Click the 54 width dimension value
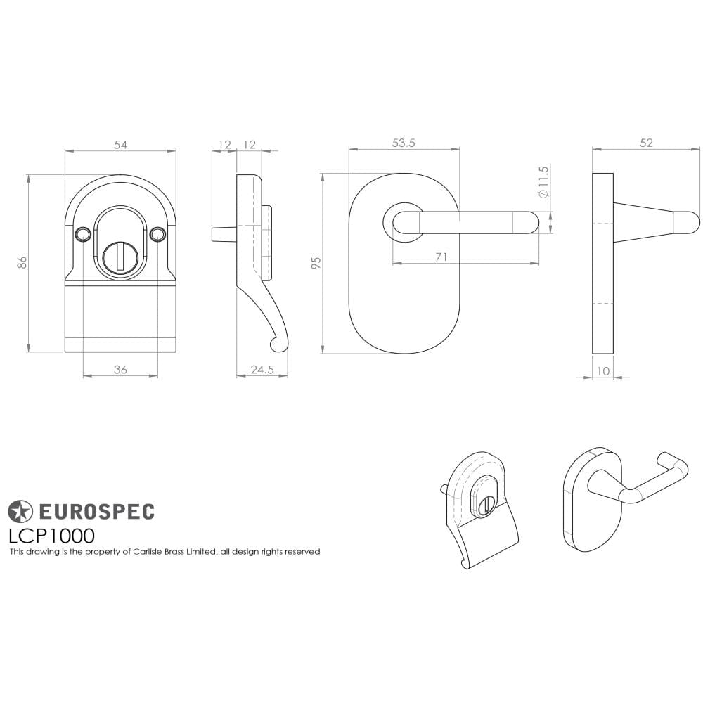[121, 145]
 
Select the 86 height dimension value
[22, 262]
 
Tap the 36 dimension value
[120, 370]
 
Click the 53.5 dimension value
[404, 143]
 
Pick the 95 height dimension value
[316, 264]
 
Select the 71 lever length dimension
[441, 257]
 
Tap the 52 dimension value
[646, 143]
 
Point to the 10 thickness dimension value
[603, 371]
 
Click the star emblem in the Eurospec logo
[20, 511]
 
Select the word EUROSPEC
[96, 511]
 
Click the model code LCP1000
[51, 536]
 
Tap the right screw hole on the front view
[157, 233]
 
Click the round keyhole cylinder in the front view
[120, 257]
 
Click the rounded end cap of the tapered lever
[687, 223]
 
